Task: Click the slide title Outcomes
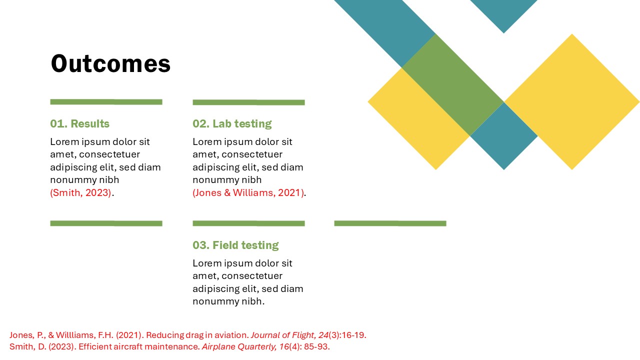click(x=110, y=64)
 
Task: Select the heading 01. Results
click(x=79, y=123)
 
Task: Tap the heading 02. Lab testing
click(x=232, y=123)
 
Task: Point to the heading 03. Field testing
click(x=235, y=245)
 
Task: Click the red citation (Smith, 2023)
click(x=80, y=192)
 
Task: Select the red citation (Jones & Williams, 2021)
click(x=248, y=192)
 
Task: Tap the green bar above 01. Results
click(x=106, y=102)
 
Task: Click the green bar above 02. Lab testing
click(x=248, y=102)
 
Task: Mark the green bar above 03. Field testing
click(x=248, y=223)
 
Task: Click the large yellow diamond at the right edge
click(x=571, y=102)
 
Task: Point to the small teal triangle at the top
click(x=503, y=12)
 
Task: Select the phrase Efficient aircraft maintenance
click(x=138, y=346)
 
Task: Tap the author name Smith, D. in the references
click(x=27, y=346)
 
